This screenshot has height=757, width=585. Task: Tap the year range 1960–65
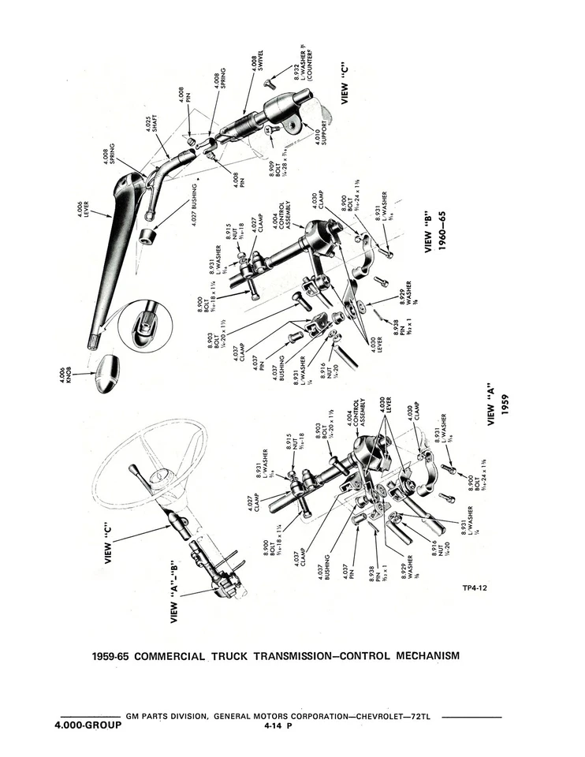point(443,229)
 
